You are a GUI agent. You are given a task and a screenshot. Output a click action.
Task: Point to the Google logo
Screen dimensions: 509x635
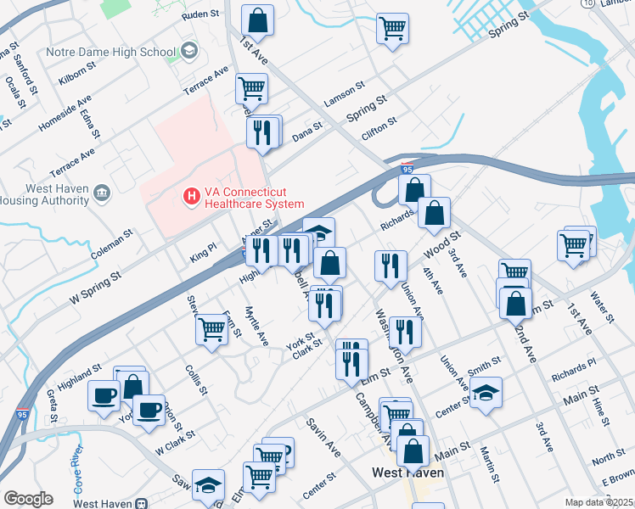coord(28,499)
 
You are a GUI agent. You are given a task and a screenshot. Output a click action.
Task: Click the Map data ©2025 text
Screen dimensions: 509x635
coord(598,502)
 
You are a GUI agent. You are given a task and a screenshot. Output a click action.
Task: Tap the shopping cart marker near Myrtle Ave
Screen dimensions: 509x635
coord(211,327)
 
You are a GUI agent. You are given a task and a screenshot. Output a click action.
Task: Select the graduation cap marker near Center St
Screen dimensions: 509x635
coord(486,392)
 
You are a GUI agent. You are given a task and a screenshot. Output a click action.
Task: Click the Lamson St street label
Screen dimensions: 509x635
coord(344,93)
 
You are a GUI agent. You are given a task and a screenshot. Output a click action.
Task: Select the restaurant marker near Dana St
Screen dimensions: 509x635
coord(263,131)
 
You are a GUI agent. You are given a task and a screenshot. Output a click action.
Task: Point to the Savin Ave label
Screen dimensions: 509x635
coord(323,438)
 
